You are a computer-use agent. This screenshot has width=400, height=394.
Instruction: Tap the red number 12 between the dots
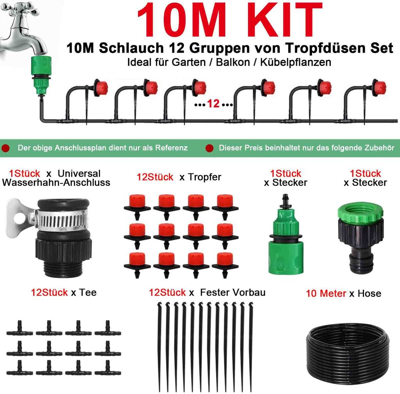[x=213, y=104]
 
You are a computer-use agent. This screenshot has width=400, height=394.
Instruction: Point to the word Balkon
[x=233, y=62]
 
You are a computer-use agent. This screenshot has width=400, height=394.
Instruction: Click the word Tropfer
[x=204, y=177]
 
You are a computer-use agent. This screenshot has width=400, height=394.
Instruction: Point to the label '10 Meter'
[x=326, y=293]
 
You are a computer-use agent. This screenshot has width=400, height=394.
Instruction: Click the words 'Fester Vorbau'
[x=233, y=292]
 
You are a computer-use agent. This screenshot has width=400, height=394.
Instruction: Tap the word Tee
[x=88, y=292]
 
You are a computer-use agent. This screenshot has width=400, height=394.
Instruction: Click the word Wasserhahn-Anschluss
[x=56, y=183]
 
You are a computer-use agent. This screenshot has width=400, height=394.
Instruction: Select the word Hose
[x=370, y=293]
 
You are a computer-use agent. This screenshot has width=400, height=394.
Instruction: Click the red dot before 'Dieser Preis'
[x=209, y=148]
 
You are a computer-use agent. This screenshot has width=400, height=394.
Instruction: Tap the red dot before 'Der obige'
[x=5, y=148]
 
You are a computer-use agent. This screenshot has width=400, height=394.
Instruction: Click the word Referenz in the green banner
[x=171, y=148]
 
